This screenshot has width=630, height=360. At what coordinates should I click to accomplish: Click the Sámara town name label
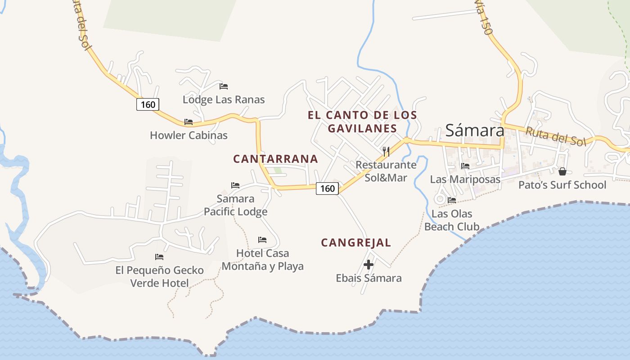click(x=475, y=130)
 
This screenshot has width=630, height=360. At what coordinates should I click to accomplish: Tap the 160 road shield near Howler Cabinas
click(x=148, y=105)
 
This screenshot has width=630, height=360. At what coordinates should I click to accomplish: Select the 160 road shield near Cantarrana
click(x=327, y=188)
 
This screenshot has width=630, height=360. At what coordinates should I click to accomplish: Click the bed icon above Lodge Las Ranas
click(x=224, y=86)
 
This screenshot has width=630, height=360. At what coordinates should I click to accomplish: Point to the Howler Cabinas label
click(x=189, y=135)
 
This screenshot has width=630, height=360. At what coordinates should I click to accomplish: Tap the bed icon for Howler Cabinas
click(x=189, y=122)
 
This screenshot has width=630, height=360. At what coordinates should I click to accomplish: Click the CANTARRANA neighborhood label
click(x=275, y=159)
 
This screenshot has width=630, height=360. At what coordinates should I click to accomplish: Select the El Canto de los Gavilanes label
click(x=362, y=121)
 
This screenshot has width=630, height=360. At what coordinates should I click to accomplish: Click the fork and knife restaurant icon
click(x=386, y=151)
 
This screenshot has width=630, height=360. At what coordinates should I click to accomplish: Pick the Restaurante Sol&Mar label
click(x=386, y=171)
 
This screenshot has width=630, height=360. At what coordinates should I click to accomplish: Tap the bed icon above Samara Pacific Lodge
click(x=235, y=185)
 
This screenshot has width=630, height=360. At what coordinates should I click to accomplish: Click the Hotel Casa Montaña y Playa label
click(x=263, y=260)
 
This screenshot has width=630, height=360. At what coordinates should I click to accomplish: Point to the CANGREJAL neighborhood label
click(x=356, y=243)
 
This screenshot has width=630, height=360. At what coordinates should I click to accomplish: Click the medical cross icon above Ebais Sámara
click(x=369, y=265)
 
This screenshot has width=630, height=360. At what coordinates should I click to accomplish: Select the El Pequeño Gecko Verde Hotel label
click(x=160, y=276)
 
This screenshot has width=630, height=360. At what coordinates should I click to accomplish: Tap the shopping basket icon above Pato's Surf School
click(x=562, y=171)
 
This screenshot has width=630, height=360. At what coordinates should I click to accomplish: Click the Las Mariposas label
click(x=465, y=179)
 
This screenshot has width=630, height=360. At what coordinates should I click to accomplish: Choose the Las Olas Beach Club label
click(x=452, y=220)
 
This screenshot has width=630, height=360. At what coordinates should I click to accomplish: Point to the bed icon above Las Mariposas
click(x=465, y=166)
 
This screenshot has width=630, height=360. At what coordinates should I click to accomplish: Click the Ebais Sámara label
click(x=369, y=278)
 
